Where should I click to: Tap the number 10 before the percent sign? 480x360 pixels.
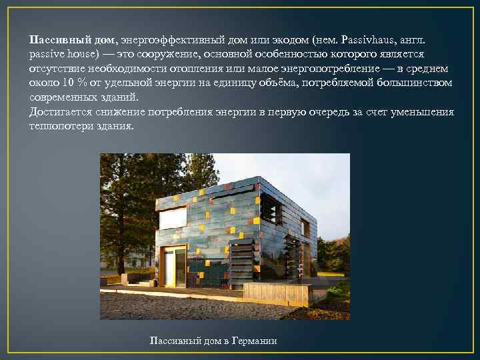(65, 83)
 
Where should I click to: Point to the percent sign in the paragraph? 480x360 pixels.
(79, 83)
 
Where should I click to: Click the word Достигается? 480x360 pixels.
(59, 112)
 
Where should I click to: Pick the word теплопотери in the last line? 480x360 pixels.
(59, 126)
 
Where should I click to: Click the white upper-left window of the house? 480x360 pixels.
(173, 218)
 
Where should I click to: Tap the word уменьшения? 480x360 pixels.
(423, 112)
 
